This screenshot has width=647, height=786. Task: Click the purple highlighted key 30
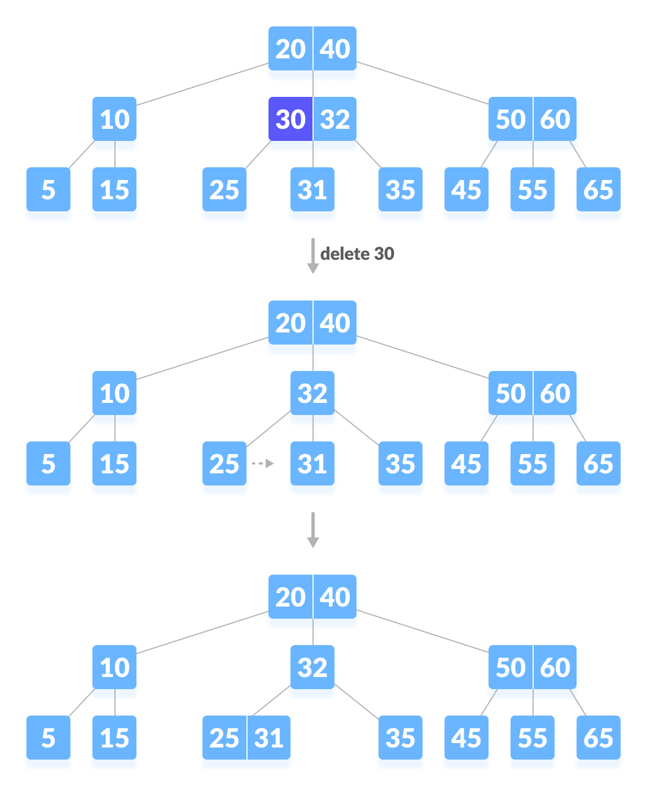tap(290, 119)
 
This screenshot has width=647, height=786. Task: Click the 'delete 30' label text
tap(357, 254)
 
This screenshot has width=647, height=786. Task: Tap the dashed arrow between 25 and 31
tap(262, 463)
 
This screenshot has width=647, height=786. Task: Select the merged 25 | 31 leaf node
tap(246, 739)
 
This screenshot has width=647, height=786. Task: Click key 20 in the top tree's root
tap(290, 50)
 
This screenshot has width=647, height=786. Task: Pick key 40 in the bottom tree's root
tap(335, 598)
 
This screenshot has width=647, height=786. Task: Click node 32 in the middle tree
tap(312, 394)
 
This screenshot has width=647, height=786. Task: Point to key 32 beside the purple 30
tap(336, 119)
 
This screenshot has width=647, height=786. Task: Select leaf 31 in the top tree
tap(312, 190)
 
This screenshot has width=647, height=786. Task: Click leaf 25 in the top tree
tap(224, 190)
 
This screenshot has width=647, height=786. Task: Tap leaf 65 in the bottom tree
tap(598, 739)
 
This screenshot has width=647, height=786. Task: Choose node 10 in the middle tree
tap(114, 394)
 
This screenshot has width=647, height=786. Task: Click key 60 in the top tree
tap(555, 119)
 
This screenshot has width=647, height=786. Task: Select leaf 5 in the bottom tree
tap(48, 739)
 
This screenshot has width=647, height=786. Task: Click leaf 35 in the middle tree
tap(400, 465)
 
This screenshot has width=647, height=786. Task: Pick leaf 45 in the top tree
tap(466, 190)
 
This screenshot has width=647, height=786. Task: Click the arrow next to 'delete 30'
tap(312, 256)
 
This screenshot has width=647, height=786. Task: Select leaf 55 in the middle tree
tap(532, 465)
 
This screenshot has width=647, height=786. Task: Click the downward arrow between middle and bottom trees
tap(312, 530)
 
